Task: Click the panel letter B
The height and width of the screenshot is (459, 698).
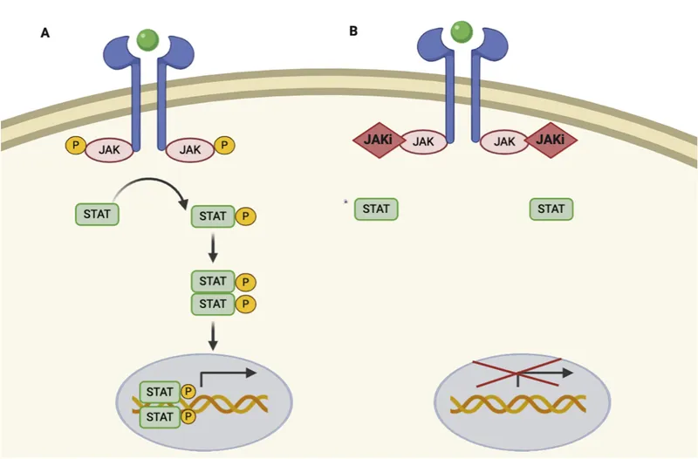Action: pyautogui.click(x=353, y=31)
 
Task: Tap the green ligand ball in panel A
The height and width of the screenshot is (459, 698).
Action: pyautogui.click(x=148, y=39)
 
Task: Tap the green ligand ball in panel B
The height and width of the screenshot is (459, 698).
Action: pyautogui.click(x=462, y=32)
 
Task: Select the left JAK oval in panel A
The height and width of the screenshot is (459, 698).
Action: pyautogui.click(x=108, y=150)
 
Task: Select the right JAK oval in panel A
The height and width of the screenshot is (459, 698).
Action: pyautogui.click(x=189, y=150)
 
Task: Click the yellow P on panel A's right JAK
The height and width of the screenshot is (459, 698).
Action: pyautogui.click(x=224, y=145)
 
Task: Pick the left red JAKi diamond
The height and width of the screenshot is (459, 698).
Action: pyautogui.click(x=377, y=139)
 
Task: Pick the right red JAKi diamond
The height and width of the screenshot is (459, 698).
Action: pyautogui.click(x=550, y=139)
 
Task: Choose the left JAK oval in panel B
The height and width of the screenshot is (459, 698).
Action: pyautogui.click(x=423, y=140)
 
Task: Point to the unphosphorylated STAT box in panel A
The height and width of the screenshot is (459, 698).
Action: pyautogui.click(x=98, y=213)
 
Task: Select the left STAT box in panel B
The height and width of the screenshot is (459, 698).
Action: pyautogui.click(x=376, y=209)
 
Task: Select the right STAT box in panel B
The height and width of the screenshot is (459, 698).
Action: pyautogui.click(x=551, y=209)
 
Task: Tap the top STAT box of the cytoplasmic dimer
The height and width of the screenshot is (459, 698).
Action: pyautogui.click(x=213, y=281)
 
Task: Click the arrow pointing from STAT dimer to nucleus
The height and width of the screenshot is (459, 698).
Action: pyautogui.click(x=213, y=336)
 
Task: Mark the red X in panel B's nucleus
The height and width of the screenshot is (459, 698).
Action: pyautogui.click(x=517, y=373)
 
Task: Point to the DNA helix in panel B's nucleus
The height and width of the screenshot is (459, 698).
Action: pyautogui.click(x=517, y=404)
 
